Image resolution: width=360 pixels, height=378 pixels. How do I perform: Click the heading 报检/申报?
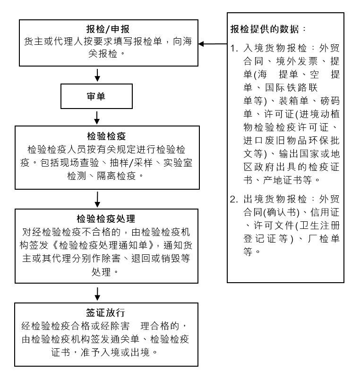[108, 29]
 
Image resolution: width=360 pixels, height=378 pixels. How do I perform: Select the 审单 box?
[96, 96]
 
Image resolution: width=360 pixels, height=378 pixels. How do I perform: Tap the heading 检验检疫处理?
[106, 218]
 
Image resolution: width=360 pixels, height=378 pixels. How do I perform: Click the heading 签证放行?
[105, 313]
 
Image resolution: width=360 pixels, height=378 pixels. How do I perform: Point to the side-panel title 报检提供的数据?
[265, 29]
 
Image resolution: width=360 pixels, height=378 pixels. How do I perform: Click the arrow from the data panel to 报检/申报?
[213, 44]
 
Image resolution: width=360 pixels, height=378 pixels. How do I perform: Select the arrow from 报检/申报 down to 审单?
[97, 75]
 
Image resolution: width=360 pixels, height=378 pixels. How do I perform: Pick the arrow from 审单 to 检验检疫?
[97, 118]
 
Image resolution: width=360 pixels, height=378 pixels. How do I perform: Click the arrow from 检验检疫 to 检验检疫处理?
[97, 199]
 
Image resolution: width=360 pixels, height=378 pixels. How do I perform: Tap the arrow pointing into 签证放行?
[97, 294]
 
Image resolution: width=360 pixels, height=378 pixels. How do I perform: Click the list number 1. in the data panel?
[234, 48]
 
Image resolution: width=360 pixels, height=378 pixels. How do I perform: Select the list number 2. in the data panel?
[234, 199]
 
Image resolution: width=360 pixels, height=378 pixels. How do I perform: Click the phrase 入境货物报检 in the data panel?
[275, 48]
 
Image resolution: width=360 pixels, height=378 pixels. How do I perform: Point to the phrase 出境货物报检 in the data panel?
[275, 199]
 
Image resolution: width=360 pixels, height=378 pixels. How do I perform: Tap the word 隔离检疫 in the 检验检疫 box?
[116, 176]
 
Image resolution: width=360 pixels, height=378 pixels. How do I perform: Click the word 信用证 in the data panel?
[325, 212]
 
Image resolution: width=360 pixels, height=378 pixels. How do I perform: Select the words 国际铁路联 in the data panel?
[291, 87]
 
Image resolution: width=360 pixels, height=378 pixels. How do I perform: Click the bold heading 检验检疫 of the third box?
[106, 136]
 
